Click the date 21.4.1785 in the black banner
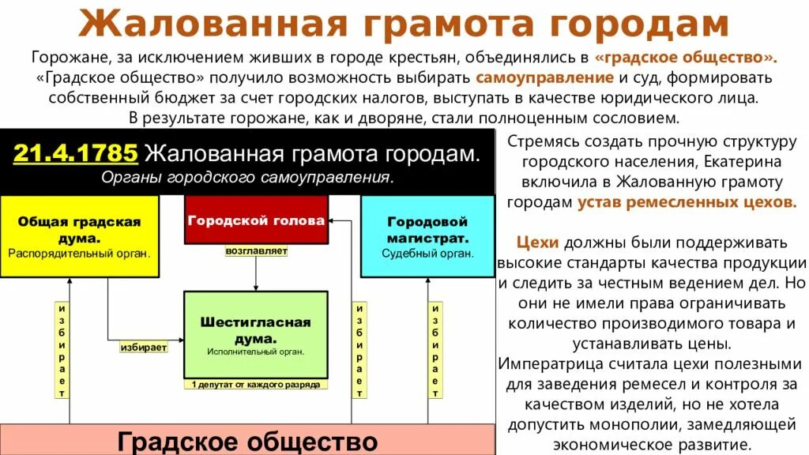[x=75, y=152]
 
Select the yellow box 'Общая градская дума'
[x=79, y=236]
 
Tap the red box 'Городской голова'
[x=256, y=220]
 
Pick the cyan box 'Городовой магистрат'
[x=427, y=236]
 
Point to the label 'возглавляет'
[x=256, y=252]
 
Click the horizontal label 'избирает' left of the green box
[x=144, y=347]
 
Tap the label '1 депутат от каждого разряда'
[x=256, y=385]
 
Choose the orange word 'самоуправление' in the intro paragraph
[x=545, y=78]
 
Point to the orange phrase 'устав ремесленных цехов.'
[x=687, y=201]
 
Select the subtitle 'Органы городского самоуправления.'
[x=247, y=177]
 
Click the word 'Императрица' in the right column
[x=545, y=364]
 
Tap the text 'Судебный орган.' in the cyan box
[x=427, y=254]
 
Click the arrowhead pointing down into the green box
[x=256, y=288]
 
